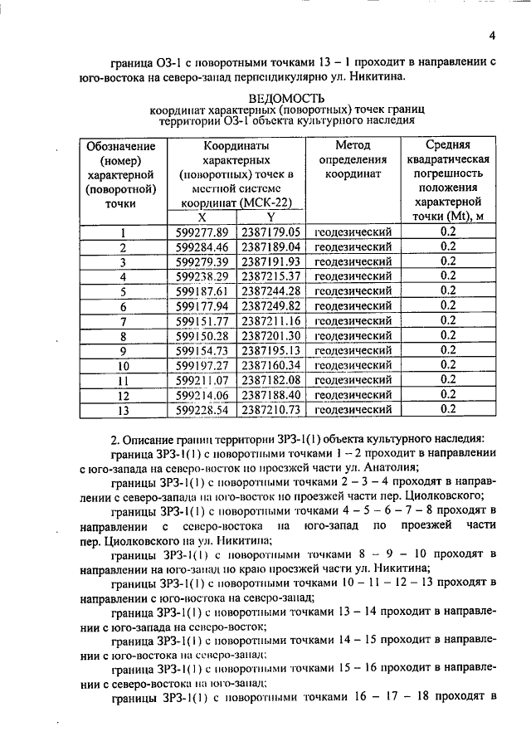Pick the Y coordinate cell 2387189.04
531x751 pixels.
270,247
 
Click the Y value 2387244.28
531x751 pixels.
270,291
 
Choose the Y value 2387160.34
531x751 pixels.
270,365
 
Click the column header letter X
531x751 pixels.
202,217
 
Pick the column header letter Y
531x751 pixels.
270,217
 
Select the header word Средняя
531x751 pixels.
448,144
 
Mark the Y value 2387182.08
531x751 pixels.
270,380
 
